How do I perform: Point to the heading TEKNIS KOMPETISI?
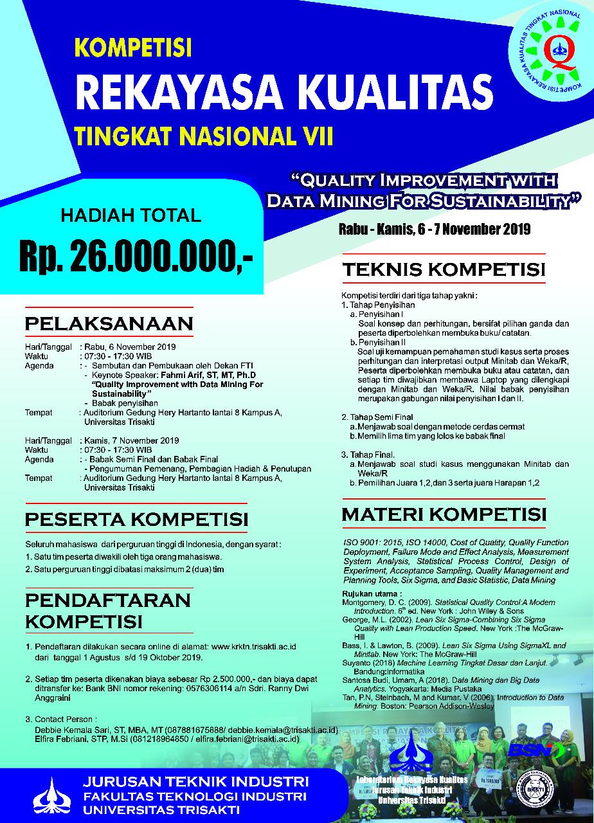(444, 269)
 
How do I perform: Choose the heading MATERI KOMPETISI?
(444, 515)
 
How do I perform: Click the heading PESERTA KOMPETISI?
(136, 518)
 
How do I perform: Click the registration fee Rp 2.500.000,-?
(219, 678)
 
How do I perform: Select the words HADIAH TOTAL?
(131, 214)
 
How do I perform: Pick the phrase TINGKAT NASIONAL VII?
(204, 137)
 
